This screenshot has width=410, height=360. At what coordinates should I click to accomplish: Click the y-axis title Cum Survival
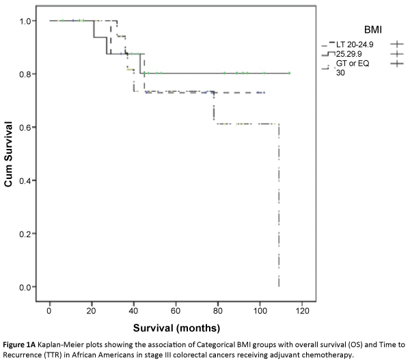point(10,154)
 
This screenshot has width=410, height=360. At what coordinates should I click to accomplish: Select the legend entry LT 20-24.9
point(351,42)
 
